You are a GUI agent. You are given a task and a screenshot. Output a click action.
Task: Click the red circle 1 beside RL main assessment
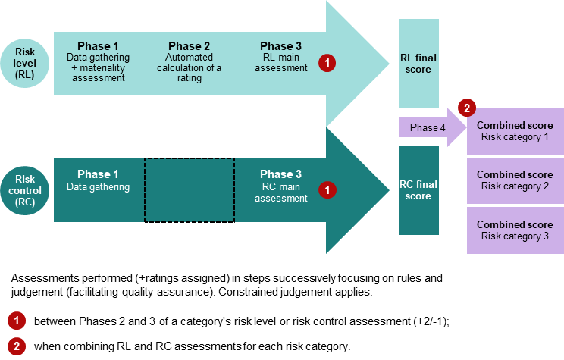point(326,64)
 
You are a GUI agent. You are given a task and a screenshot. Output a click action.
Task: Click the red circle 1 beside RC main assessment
point(326,190)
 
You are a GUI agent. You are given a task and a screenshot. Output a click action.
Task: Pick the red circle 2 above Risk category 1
point(467,108)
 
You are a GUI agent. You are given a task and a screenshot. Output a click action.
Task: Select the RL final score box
point(418,64)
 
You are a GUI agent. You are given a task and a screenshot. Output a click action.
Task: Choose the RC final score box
point(418,190)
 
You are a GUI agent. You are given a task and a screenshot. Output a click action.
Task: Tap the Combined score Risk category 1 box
point(515,130)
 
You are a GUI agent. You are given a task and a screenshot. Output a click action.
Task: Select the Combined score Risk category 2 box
point(515,180)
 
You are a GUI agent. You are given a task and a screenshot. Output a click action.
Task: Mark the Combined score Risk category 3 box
point(515,230)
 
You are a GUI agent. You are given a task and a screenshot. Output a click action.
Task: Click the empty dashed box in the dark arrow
point(190,190)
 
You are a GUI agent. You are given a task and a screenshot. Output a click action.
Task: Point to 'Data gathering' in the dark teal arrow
point(98,187)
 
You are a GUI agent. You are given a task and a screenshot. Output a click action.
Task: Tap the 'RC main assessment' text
point(280,193)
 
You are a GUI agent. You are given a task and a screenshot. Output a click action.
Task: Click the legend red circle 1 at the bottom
point(16,320)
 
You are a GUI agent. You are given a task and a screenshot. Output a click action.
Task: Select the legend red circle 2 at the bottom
point(16,346)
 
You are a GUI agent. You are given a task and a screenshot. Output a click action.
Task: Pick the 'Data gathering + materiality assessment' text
point(98,67)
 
